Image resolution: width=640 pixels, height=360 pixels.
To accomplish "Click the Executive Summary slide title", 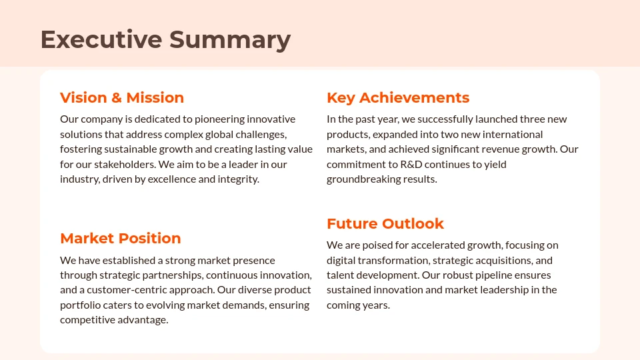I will pos(165,39).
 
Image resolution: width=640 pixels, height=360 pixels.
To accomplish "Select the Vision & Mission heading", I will pos(122,98).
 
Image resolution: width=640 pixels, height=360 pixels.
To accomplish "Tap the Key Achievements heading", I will pos(398,98).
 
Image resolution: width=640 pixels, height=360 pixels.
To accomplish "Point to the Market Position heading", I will pos(121,239).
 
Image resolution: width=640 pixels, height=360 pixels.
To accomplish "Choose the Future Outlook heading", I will pos(385,224).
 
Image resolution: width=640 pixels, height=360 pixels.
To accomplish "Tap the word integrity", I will pos(238,179).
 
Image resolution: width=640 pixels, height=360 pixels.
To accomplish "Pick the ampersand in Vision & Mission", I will pos(117,98).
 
